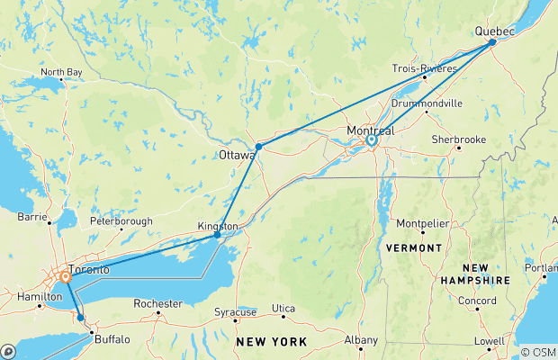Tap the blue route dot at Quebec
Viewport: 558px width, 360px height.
492,42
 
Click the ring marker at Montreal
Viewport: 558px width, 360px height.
371,140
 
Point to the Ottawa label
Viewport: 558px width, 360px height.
236,155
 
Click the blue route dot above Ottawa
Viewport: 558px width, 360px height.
258,146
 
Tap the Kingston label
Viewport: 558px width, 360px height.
219,225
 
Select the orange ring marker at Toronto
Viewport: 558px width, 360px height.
67,277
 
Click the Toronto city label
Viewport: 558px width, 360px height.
90,270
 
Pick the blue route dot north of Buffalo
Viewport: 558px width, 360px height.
80,317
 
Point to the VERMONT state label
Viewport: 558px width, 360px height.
413,247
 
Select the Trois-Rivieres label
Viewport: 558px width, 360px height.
425,67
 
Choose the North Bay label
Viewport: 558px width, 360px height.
61,72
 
